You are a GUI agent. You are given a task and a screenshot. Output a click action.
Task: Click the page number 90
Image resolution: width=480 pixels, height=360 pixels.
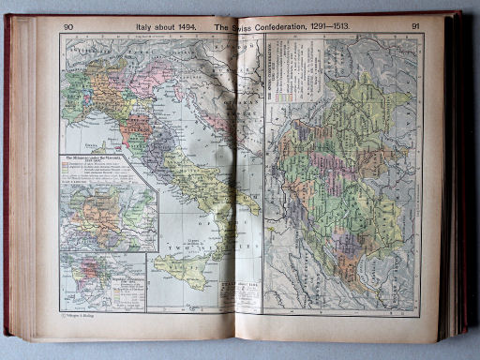[68, 26]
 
